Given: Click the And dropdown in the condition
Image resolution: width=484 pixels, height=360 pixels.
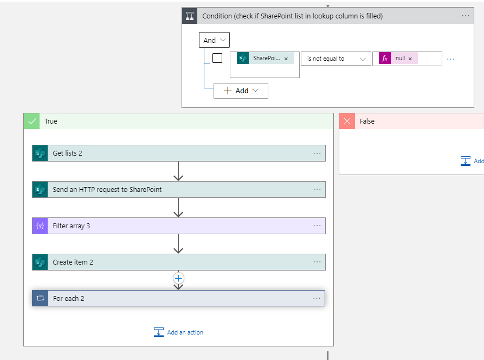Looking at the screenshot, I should click(214, 40).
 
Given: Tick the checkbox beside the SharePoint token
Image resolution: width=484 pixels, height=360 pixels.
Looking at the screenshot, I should click(217, 58).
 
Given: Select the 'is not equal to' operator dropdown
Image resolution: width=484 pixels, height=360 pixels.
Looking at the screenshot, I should click(336, 59).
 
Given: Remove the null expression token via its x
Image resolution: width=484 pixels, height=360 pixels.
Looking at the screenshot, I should click(410, 59).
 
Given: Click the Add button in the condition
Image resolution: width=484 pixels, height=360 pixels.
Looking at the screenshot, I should click(241, 91).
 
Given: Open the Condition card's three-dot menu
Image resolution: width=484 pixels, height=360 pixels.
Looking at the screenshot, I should click(466, 16).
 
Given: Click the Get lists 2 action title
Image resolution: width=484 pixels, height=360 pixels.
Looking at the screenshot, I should click(68, 153).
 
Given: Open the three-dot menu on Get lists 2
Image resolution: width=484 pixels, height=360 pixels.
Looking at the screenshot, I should click(317, 153).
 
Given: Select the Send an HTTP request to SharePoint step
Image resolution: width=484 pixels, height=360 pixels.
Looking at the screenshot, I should click(107, 190).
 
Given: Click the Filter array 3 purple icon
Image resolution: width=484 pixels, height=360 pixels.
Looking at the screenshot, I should click(40, 226).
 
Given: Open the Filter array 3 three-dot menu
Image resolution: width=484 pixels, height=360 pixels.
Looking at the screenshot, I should click(317, 226).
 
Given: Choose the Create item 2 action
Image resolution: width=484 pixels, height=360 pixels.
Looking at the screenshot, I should click(73, 262).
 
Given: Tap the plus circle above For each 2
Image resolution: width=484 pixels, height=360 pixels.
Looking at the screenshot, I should click(178, 278).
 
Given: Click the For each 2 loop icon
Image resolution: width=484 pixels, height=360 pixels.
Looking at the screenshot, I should click(40, 299).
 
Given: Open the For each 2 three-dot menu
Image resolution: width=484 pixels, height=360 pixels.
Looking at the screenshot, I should click(317, 299).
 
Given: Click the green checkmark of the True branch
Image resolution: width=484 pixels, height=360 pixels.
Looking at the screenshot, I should click(32, 121).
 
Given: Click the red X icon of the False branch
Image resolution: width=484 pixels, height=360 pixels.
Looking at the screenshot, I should click(347, 121).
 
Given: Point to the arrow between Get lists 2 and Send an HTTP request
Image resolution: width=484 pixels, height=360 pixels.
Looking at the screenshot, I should click(178, 172).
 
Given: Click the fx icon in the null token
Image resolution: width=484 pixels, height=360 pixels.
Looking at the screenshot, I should click(385, 59).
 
